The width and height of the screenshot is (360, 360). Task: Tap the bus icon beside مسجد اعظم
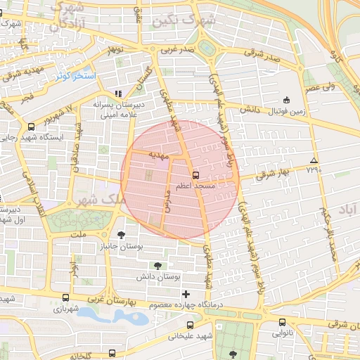point(195,174)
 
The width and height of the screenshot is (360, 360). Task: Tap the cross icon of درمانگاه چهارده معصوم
point(186,293)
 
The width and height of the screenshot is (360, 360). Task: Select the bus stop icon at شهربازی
point(66,297)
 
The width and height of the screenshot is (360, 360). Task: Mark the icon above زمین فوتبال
point(285,100)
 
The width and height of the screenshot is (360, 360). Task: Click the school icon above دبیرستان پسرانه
point(118,93)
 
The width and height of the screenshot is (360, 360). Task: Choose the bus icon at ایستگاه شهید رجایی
point(30,127)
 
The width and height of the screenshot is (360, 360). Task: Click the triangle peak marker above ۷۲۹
point(313,160)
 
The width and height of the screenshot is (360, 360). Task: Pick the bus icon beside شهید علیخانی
point(191,325)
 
